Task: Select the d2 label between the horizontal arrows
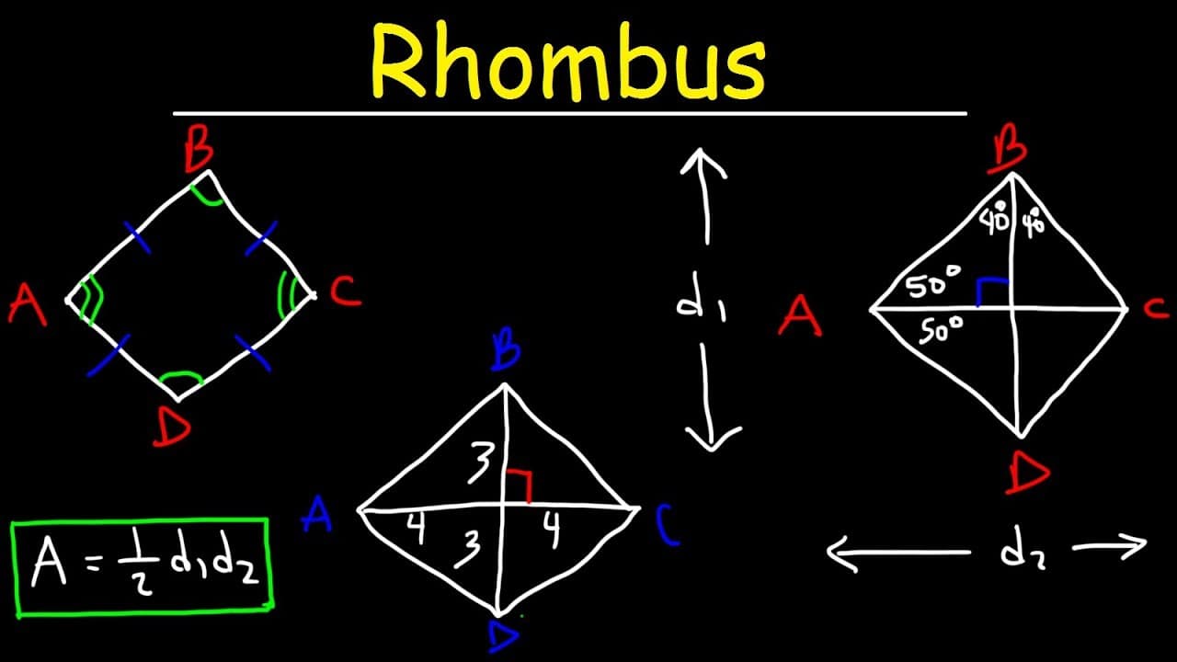click(1022, 552)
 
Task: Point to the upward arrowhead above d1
click(703, 164)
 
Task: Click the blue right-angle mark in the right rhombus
click(991, 290)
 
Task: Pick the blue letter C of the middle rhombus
click(668, 527)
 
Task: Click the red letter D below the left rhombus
click(172, 428)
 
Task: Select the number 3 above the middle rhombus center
click(479, 461)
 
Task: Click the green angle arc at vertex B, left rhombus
click(208, 193)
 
